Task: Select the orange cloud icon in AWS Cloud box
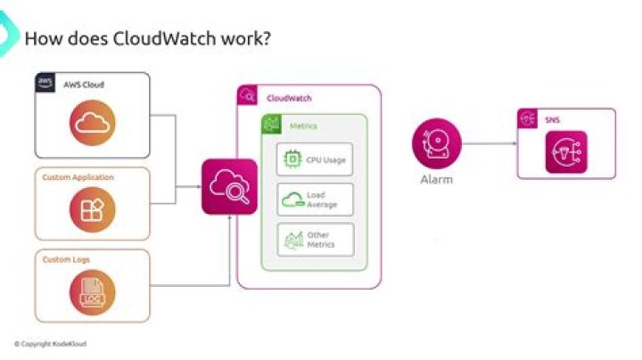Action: pos(93,126)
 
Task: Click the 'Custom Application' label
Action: pos(78,177)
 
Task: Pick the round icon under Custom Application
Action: pos(93,210)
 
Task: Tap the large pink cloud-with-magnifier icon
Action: pos(229,186)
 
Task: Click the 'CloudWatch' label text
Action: pos(289,97)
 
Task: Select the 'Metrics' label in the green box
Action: pos(303,127)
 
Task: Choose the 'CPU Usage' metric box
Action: pos(316,160)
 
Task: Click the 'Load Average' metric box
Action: pos(316,200)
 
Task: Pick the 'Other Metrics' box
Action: pos(316,240)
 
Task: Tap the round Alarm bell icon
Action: pos(436,143)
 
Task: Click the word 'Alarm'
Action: pos(436,180)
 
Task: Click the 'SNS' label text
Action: pos(552,119)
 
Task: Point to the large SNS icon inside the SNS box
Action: pos(566,151)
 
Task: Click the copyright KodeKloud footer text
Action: pos(50,343)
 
